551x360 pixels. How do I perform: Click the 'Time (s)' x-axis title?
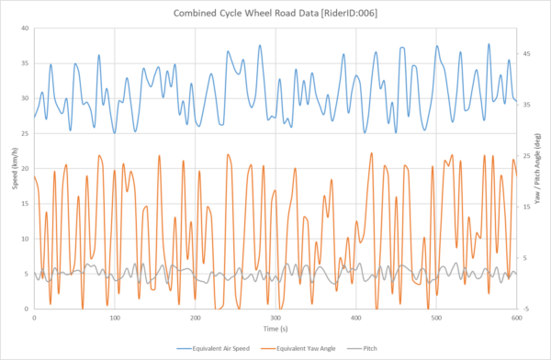[275, 327]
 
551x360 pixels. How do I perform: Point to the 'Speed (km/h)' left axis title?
[6, 169]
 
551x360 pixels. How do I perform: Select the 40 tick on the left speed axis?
[26, 28]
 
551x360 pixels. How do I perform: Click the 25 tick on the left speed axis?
[26, 133]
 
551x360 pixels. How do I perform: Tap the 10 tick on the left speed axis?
[26, 239]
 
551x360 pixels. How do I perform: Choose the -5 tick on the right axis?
[527, 309]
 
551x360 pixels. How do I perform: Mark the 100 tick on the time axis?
[115, 317]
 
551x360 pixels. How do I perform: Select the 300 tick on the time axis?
[275, 317]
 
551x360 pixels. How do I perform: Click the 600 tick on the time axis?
[516, 317]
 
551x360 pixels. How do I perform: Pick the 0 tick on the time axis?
[34, 317]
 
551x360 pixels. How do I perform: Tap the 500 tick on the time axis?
[436, 317]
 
